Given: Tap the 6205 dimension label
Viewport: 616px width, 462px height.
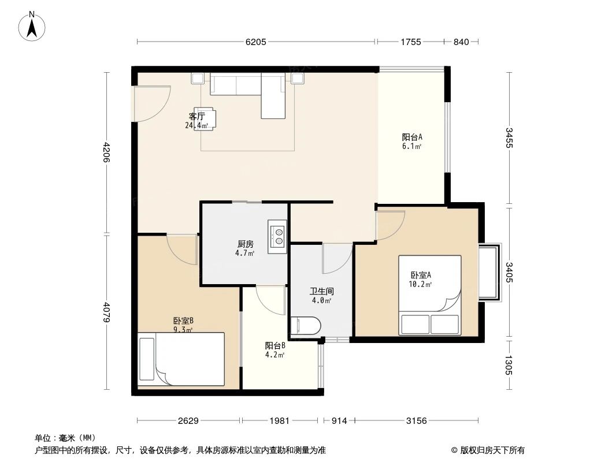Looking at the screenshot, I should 256,42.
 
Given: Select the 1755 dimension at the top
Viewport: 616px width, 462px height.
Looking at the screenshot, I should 410,42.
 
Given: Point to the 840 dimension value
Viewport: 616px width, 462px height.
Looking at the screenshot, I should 461,42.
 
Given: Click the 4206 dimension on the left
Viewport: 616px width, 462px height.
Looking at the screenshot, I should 106,153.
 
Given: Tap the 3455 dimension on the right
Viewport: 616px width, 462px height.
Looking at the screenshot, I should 509,138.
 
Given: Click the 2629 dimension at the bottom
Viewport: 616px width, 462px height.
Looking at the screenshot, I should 188,421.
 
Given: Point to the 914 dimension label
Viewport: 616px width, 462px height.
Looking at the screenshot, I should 339,421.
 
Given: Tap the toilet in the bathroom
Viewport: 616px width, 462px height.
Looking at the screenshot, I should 305,326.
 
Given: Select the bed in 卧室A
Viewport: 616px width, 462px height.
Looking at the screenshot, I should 430,295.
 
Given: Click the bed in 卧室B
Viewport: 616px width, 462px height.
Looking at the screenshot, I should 181,359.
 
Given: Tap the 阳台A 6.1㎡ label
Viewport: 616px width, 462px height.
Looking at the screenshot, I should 412,141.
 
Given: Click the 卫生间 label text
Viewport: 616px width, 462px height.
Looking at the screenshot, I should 321,292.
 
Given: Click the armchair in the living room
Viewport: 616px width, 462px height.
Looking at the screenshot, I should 206,118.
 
